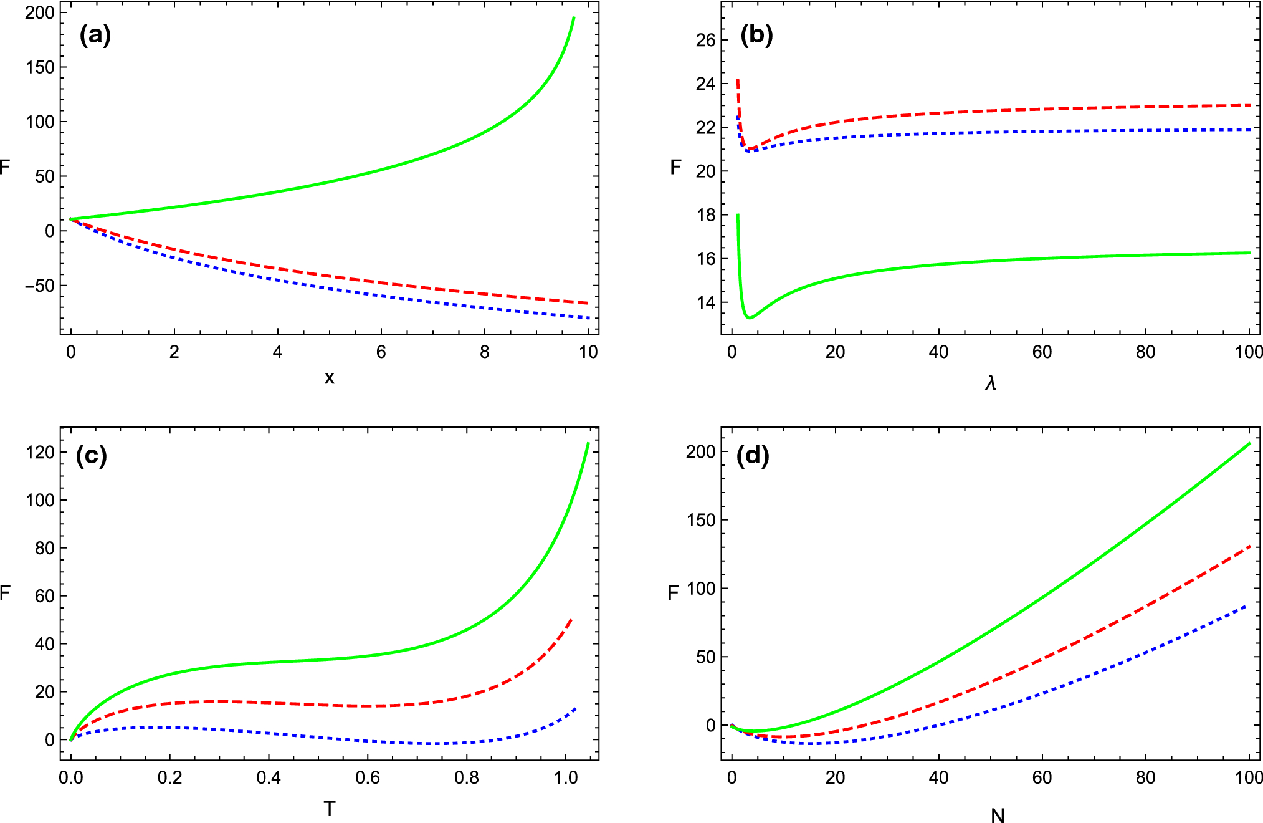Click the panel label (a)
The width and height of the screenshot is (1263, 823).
click(x=95, y=35)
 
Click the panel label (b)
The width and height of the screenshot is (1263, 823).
click(x=756, y=35)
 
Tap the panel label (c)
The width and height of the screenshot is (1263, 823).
click(x=91, y=456)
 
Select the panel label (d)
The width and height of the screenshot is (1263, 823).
click(x=753, y=456)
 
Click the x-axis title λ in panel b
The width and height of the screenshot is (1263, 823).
click(x=991, y=382)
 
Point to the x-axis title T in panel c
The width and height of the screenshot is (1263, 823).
click(x=330, y=809)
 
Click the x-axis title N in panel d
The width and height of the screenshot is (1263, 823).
click(x=998, y=815)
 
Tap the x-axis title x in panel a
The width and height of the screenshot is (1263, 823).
click(x=330, y=377)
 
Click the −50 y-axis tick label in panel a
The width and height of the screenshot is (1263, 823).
click(x=40, y=286)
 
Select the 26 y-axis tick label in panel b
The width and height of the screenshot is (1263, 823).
click(x=705, y=41)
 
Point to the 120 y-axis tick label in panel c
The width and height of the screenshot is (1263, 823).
click(x=40, y=452)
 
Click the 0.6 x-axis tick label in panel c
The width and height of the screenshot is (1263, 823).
click(x=368, y=778)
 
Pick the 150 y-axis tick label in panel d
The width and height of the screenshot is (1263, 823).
click(x=701, y=520)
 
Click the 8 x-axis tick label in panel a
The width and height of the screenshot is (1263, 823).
click(x=484, y=352)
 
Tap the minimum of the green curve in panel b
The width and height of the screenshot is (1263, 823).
click(x=750, y=318)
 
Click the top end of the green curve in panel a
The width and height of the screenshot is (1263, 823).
click(x=574, y=17)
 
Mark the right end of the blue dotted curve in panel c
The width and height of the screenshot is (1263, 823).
click(x=576, y=708)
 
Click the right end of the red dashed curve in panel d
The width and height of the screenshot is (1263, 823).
click(x=1250, y=546)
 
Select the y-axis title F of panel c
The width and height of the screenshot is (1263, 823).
click(x=6, y=592)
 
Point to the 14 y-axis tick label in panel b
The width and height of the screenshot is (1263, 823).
click(x=705, y=303)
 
